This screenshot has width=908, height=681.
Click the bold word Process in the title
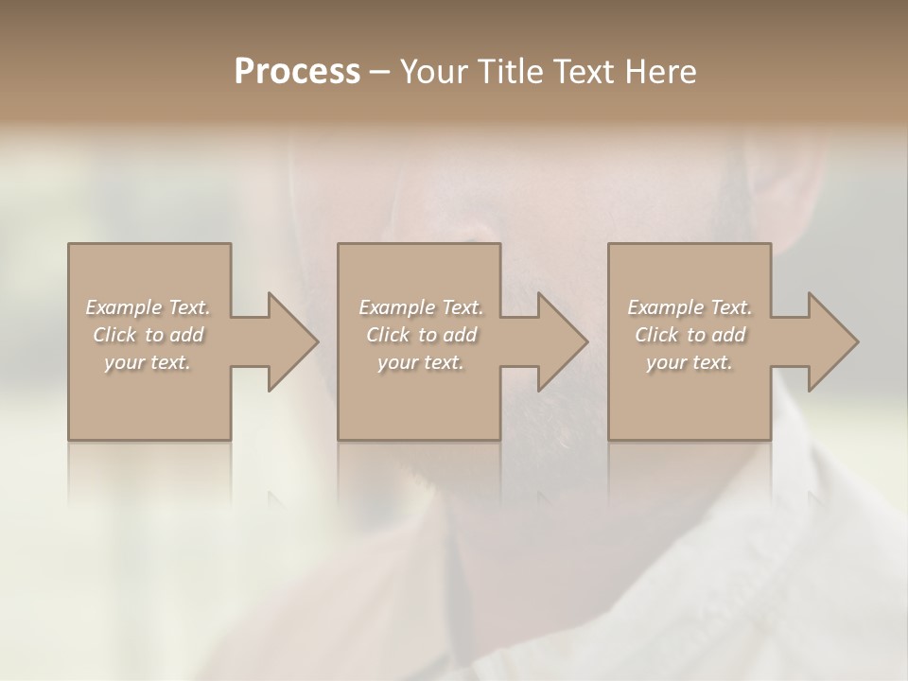pos(297,72)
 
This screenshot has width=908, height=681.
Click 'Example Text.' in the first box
pos(148,307)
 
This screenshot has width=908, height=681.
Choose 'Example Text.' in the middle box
pos(421,307)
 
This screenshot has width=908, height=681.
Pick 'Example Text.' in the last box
pos(690,307)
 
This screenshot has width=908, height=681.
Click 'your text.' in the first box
pos(148,362)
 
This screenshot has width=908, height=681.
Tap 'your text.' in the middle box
pos(421,362)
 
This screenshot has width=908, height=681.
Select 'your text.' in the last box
pos(690,362)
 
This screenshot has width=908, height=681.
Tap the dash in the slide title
pos(380,72)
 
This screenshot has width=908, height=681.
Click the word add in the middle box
pos(459,335)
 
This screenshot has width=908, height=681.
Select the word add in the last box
pos(727,335)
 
